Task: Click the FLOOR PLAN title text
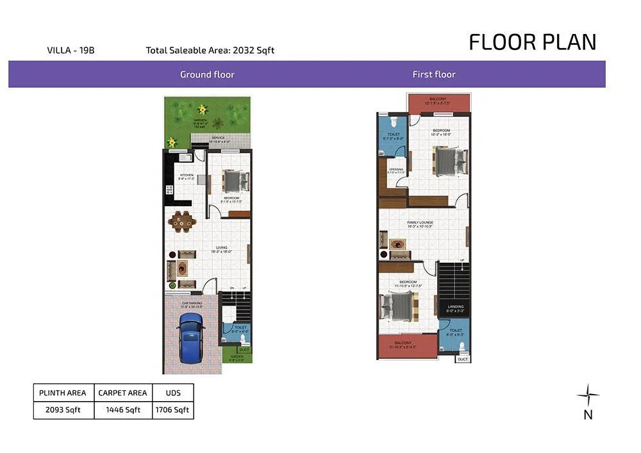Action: click(532, 42)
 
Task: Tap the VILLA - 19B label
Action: click(71, 50)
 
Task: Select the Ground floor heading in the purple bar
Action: click(207, 74)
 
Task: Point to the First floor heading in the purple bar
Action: click(434, 74)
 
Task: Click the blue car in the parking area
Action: click(191, 337)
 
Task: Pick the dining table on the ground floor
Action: click(182, 222)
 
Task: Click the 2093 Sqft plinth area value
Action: click(63, 410)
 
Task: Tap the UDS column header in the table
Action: click(172, 393)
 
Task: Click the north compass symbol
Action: click(588, 395)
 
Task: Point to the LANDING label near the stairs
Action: click(456, 308)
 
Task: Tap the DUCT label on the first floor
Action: click(463, 359)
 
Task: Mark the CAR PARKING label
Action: click(192, 304)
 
